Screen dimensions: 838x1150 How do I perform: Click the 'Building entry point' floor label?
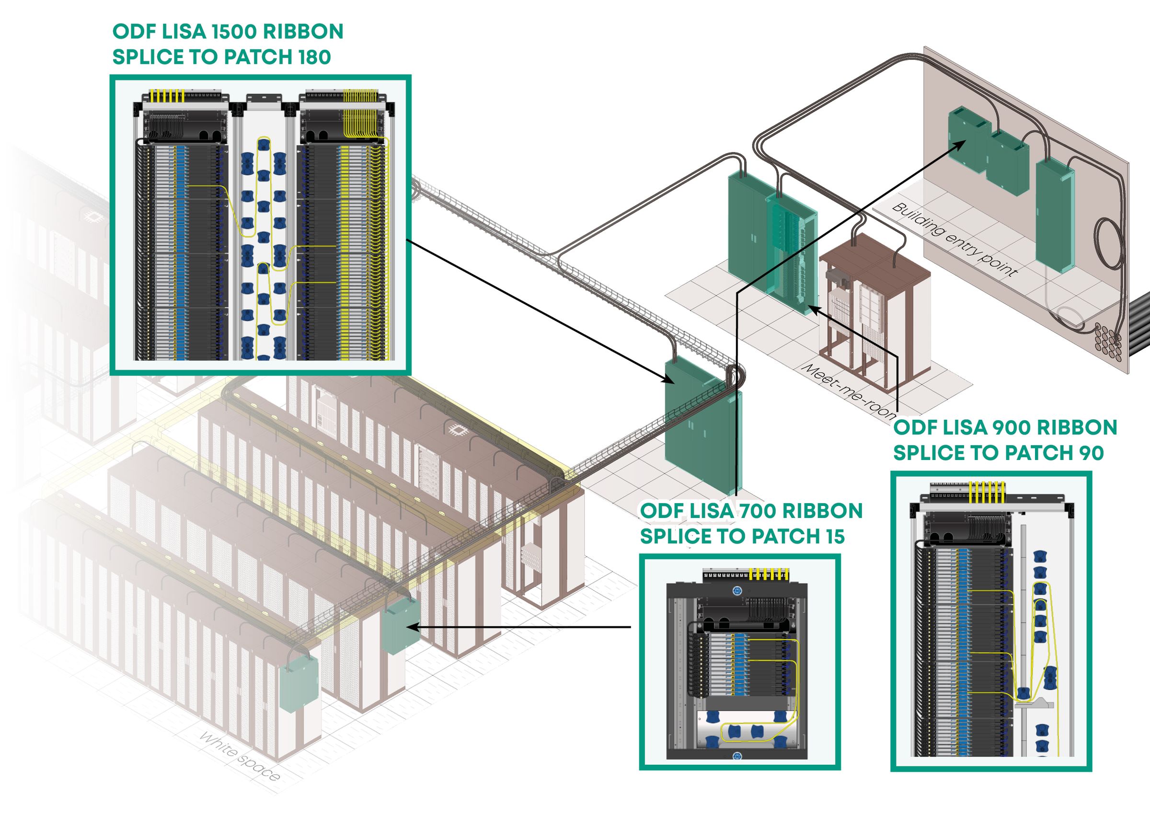954,239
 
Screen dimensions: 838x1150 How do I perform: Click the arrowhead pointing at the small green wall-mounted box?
411,628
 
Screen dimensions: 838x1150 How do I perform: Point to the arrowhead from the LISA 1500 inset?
669,380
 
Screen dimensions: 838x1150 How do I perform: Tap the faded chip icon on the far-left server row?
92,217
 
